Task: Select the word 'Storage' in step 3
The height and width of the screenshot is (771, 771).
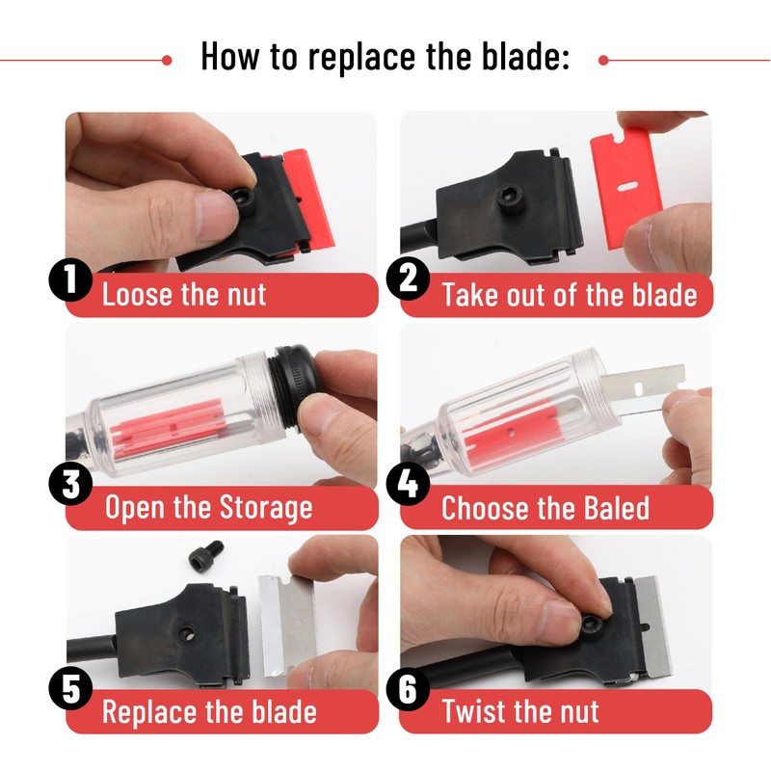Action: tap(260, 508)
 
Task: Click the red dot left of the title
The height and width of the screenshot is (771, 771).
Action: tap(167, 60)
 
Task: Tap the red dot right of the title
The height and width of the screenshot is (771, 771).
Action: tap(604, 60)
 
